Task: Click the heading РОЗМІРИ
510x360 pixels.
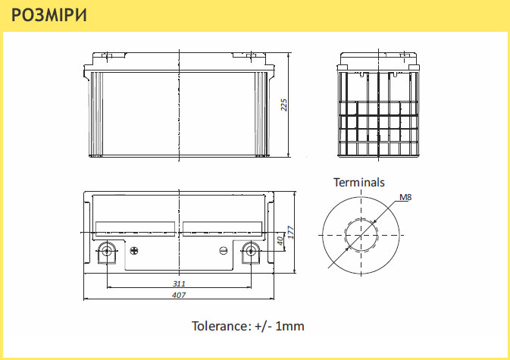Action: pos(49,15)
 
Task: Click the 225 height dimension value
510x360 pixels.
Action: pos(284,105)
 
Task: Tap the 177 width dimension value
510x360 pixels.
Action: pos(291,233)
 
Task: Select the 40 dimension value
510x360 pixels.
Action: pos(280,241)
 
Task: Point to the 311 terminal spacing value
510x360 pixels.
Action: pos(179,283)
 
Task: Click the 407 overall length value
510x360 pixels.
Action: pos(179,295)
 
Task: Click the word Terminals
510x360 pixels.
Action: pos(359,183)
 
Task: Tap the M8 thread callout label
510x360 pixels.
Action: pos(405,197)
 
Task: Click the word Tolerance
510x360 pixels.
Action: pos(221,326)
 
